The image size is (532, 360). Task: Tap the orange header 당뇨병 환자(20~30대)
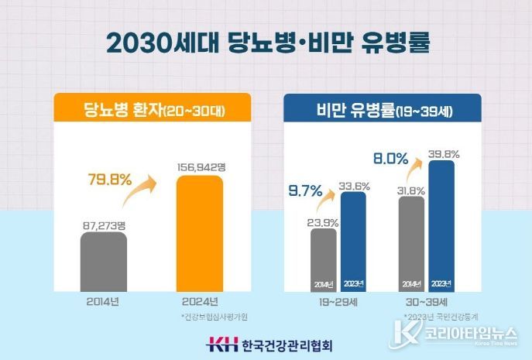152,109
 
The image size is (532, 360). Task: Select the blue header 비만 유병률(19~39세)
381,111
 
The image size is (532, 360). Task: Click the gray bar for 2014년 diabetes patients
104,260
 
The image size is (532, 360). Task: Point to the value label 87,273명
104,225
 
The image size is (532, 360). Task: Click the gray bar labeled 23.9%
324,259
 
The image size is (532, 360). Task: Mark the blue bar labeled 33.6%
353,242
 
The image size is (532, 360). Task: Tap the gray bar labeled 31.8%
411,244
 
